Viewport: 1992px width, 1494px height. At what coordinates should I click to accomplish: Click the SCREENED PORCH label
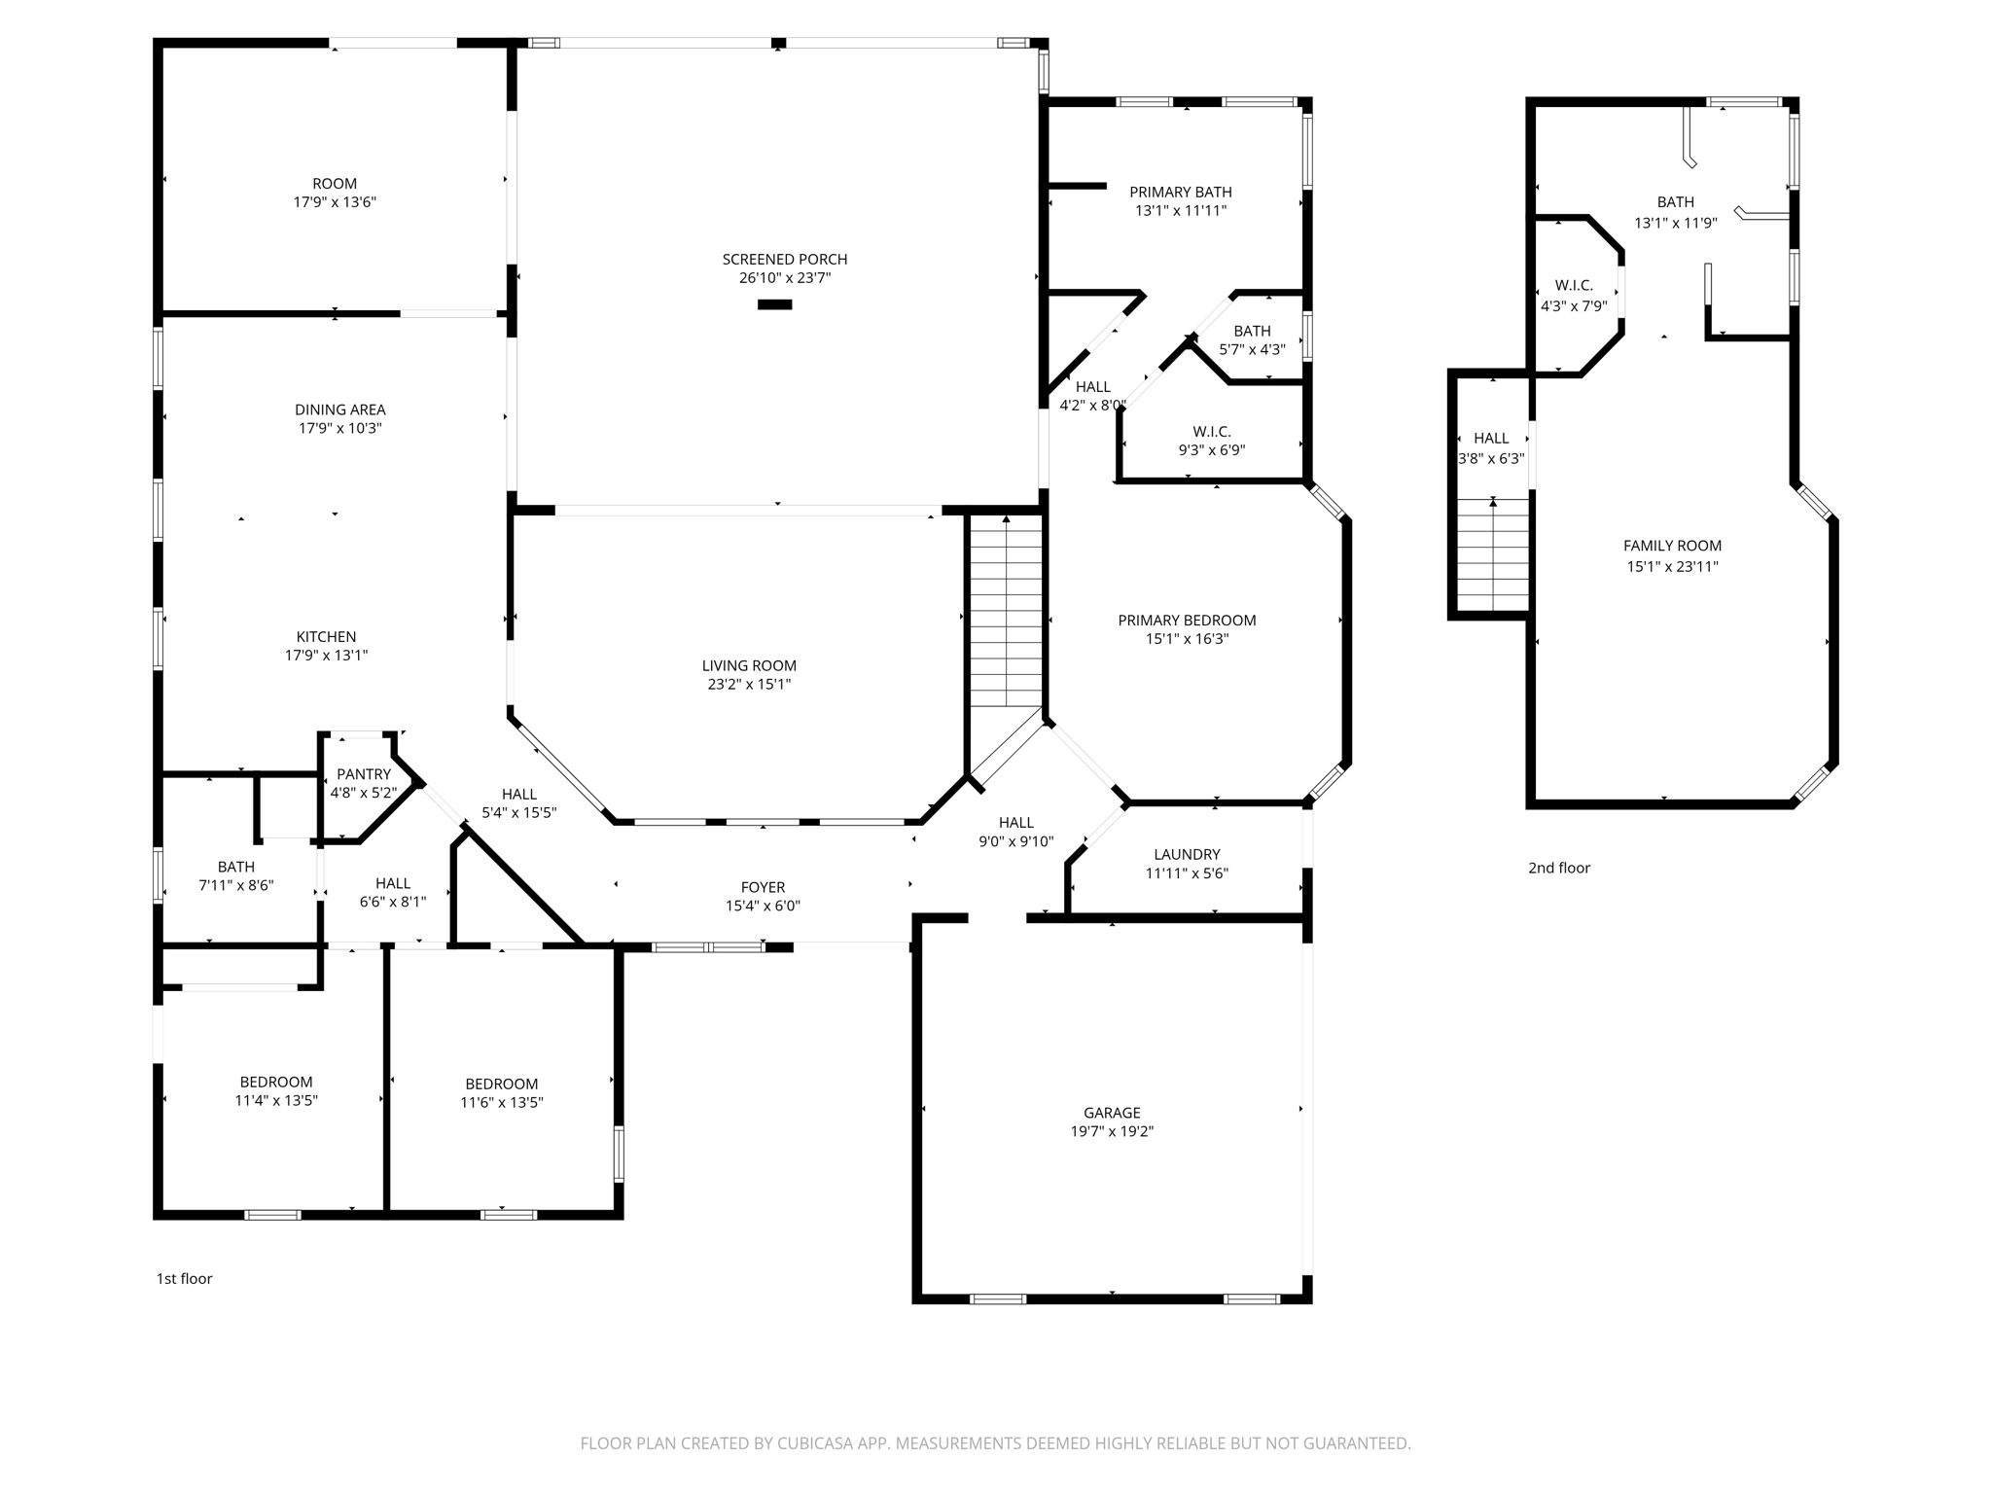tap(784, 259)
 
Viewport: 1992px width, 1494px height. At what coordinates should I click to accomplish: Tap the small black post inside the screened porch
tap(774, 304)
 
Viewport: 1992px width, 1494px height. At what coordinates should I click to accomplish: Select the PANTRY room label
tap(364, 774)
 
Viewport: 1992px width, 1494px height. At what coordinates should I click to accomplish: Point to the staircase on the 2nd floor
tap(1493, 554)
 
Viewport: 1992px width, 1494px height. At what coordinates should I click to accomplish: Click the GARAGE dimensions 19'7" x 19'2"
tap(1112, 1131)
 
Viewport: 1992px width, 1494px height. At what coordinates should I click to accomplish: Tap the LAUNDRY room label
tap(1187, 854)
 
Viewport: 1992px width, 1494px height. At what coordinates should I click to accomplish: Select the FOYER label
tap(763, 887)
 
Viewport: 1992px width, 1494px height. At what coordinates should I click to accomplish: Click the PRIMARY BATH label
tap(1180, 192)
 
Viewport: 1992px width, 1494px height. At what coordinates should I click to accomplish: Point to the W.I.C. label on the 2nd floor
tap(1574, 285)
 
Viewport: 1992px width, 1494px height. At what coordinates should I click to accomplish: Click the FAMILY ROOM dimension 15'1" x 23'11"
tap(1672, 566)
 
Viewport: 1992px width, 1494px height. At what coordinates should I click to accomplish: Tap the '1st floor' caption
tap(184, 1278)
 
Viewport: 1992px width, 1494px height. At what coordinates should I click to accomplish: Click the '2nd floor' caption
tap(1558, 868)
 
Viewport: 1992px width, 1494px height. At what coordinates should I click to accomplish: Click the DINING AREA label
tap(339, 409)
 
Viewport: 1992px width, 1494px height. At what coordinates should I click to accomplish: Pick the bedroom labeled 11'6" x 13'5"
tap(501, 1093)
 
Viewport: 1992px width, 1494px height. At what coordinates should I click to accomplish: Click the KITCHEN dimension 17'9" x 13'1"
tap(326, 656)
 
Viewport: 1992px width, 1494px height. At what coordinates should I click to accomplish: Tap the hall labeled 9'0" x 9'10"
tap(1015, 832)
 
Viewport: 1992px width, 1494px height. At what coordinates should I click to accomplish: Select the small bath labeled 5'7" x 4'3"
tap(1252, 339)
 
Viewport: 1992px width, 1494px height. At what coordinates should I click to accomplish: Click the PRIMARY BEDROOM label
tap(1187, 620)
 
